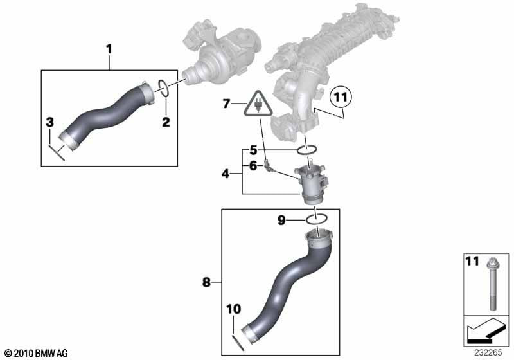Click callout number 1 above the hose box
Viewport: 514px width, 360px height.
(x=109, y=48)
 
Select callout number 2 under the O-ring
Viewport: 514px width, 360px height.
(x=165, y=122)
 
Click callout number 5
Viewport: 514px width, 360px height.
(x=253, y=150)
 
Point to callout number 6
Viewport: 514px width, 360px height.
(x=253, y=166)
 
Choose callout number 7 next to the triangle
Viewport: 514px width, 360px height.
(x=226, y=103)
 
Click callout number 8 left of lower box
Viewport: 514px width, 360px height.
(x=206, y=280)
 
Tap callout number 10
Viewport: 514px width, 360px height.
(x=233, y=309)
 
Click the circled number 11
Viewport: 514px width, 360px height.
(x=341, y=98)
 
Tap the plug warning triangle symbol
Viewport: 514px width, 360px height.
(x=257, y=103)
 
